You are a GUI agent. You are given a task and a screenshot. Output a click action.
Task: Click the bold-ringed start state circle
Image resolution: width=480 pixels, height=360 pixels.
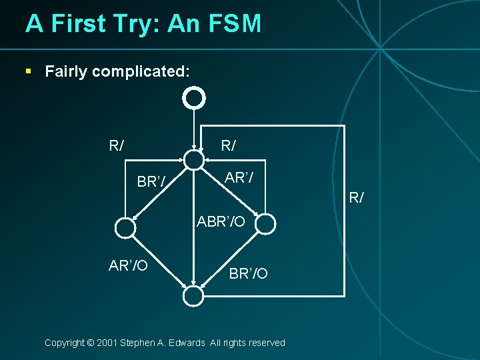[x=194, y=99]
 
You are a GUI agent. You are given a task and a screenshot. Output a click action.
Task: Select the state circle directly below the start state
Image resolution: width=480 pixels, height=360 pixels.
[x=194, y=160]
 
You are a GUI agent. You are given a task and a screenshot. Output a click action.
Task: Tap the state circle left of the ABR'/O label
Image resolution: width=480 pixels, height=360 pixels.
[x=125, y=228]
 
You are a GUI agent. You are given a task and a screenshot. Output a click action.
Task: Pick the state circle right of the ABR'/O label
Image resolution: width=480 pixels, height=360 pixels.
[x=265, y=224]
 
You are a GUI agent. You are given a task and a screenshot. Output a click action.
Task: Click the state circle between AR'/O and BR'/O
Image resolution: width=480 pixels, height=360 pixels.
[x=193, y=295]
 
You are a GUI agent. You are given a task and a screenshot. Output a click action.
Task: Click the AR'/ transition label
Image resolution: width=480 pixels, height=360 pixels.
[x=239, y=178]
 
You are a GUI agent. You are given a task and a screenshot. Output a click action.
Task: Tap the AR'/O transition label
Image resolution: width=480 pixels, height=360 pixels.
[x=128, y=266]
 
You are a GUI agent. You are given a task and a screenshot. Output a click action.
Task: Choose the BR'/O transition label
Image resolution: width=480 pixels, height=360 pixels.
[x=248, y=273]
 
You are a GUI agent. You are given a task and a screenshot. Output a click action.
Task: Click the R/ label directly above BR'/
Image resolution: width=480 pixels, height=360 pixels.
[x=117, y=145]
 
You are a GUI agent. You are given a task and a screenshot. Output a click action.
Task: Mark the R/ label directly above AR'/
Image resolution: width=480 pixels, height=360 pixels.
[x=229, y=145]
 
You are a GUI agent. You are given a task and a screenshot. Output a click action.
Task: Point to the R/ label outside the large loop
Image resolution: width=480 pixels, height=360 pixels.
[x=357, y=197]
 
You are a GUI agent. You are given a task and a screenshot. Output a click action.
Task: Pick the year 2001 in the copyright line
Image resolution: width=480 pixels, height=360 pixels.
[x=107, y=343]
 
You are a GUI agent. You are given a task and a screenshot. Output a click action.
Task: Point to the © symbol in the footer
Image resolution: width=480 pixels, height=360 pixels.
[x=90, y=343]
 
